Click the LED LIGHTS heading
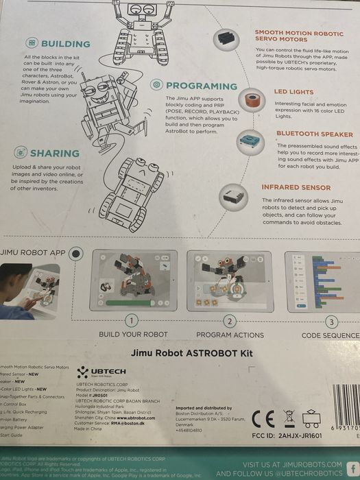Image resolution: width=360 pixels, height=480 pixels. point(295,91)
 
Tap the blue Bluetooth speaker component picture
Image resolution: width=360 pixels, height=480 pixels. point(250,142)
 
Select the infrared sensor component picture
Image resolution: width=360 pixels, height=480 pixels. point(233,197)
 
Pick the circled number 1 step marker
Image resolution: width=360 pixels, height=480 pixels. point(132,320)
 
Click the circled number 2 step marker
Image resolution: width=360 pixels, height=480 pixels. point(230,320)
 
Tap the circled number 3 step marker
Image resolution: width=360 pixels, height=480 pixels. point(331,320)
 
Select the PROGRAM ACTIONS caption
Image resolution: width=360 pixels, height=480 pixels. point(230,335)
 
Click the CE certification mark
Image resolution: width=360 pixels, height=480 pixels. point(263,418)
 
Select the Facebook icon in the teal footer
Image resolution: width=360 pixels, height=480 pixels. point(352,468)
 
